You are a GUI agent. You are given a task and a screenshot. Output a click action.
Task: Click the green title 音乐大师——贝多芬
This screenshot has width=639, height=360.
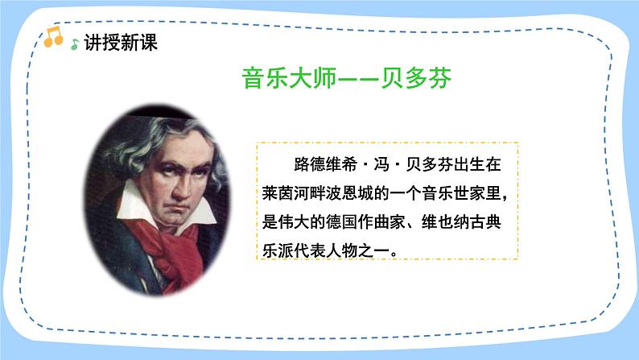tap(347, 79)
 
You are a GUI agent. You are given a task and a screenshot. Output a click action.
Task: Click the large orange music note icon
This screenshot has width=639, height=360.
tap(53, 36)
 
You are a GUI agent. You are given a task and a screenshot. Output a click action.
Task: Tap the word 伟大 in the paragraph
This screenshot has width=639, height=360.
tap(303, 222)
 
